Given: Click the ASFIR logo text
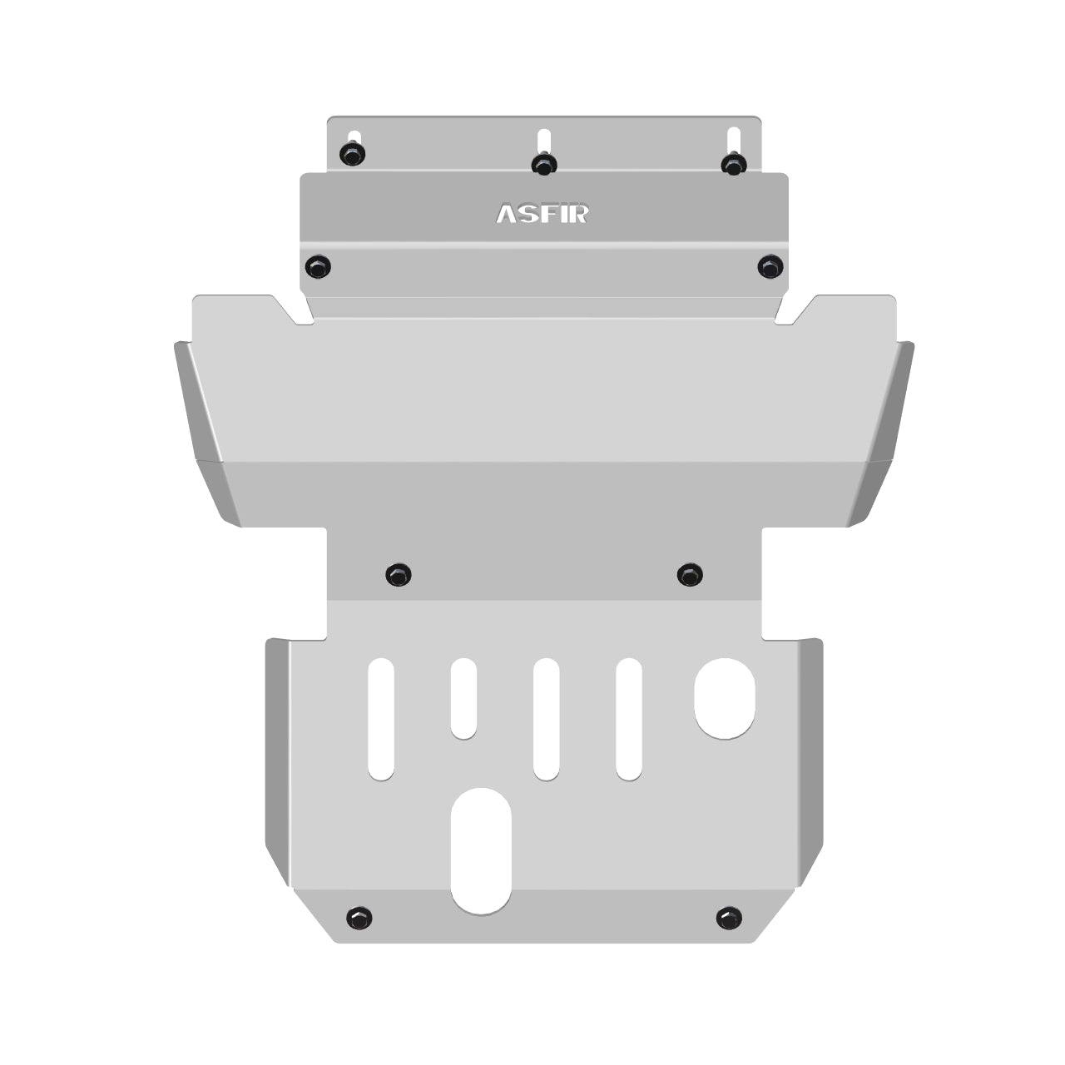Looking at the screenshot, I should tap(542, 214).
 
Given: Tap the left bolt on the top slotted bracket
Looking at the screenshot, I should tap(353, 154).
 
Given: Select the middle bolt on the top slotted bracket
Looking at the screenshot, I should tap(543, 164).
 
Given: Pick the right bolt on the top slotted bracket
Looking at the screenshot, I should tap(733, 164).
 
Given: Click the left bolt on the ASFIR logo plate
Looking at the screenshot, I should tap(318, 267).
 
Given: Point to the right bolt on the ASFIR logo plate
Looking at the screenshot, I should tap(770, 267).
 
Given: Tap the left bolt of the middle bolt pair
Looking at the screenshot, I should tap(399, 574).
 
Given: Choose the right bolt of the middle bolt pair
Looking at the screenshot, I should tap(690, 574).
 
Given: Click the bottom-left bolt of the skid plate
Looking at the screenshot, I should tap(359, 918).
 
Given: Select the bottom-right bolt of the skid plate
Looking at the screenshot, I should tap(729, 918).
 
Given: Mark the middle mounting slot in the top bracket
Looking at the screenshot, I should tap(544, 138).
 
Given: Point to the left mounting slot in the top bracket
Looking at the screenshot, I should tap(354, 136).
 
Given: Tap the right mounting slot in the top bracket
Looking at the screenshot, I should tap(733, 138).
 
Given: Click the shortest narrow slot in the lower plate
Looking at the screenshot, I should tap(463, 698).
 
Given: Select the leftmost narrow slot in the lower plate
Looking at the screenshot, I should tap(381, 719).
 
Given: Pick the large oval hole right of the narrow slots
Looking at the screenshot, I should tap(725, 698).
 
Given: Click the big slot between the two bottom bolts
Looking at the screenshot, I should tap(480, 850).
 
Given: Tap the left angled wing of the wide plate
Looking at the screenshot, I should tap(204, 433).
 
